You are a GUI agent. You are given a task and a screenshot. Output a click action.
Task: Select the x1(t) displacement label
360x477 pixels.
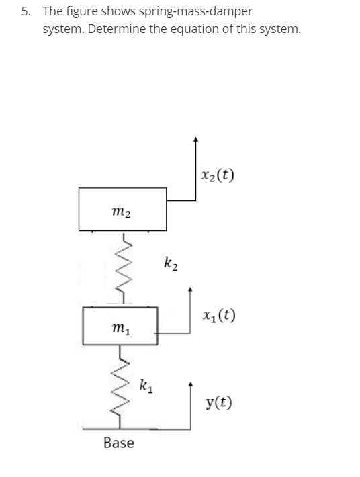[218, 316]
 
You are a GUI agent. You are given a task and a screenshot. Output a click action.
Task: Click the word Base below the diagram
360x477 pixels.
[119, 443]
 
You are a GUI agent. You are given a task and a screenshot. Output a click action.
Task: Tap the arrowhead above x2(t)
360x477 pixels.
[195, 139]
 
